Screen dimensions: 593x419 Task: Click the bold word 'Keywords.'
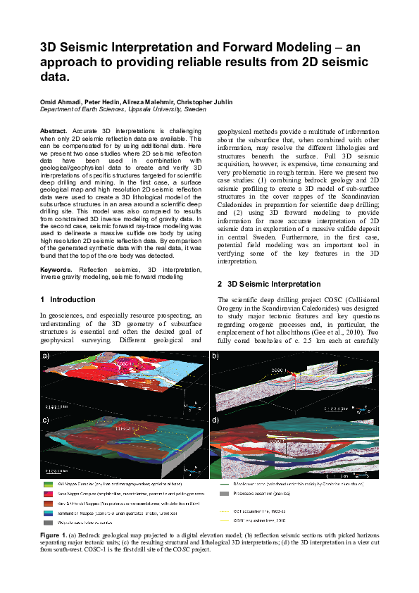[x=56, y=269]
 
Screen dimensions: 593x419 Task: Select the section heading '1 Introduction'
[x=67, y=299]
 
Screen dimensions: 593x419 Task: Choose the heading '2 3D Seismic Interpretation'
[x=270, y=284]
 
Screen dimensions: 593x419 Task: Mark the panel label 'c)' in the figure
[x=46, y=420]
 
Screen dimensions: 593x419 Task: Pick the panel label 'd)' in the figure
[x=215, y=420]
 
